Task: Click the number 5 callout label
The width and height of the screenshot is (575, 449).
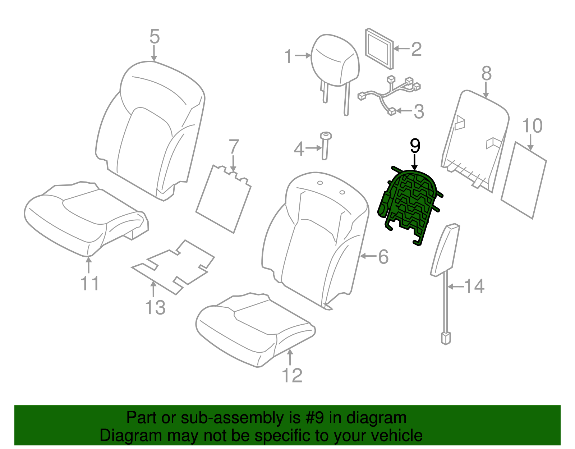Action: pyautogui.click(x=154, y=37)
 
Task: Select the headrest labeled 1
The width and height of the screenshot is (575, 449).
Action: pyautogui.click(x=335, y=61)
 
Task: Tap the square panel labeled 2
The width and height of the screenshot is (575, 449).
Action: pyautogui.click(x=379, y=48)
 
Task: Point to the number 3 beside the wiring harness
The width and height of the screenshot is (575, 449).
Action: pyautogui.click(x=419, y=111)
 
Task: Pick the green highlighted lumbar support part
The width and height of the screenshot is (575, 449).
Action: pyautogui.click(x=410, y=205)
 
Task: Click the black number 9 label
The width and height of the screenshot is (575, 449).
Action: pyautogui.click(x=415, y=146)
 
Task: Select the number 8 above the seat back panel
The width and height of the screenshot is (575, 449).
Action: pyautogui.click(x=486, y=74)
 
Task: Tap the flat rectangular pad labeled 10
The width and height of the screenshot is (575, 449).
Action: pyautogui.click(x=523, y=180)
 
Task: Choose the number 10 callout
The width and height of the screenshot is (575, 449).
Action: pyautogui.click(x=532, y=126)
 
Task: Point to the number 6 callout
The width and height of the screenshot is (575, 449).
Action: pyautogui.click(x=383, y=257)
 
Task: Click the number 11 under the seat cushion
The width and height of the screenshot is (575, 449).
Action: pyautogui.click(x=89, y=284)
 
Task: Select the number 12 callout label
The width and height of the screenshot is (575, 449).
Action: pyautogui.click(x=292, y=376)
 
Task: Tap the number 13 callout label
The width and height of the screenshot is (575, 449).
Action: pyautogui.click(x=155, y=308)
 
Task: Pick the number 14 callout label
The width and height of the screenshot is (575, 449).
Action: pyautogui.click(x=474, y=287)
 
